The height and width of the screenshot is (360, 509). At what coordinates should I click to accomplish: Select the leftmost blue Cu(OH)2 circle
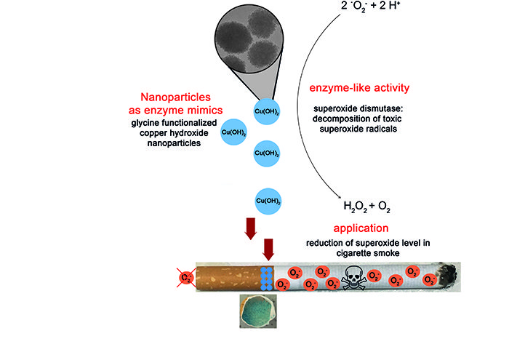click(235, 132)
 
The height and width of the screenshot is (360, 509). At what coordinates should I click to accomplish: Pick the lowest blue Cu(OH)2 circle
click(268, 199)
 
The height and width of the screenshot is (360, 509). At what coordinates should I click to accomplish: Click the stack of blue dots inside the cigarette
click(267, 278)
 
